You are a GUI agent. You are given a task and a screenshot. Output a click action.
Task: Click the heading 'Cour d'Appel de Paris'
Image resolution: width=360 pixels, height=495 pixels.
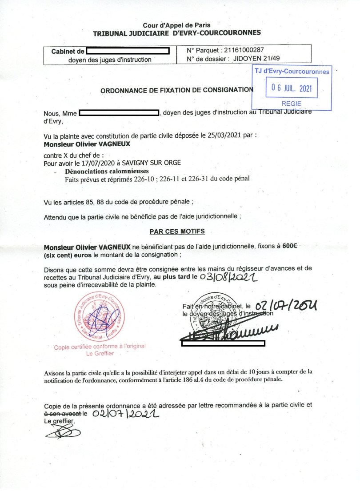coord(176,25)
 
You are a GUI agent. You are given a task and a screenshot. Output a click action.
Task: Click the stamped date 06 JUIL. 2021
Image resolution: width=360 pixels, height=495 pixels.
coord(292,88)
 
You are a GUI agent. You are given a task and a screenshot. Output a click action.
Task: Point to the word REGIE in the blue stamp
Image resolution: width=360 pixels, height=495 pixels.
coord(292,104)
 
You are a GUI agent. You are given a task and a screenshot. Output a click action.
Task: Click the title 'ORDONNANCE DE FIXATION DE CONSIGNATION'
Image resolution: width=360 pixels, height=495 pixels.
coord(176,90)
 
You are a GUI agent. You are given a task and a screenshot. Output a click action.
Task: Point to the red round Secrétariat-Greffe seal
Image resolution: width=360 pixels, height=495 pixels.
coord(100,316)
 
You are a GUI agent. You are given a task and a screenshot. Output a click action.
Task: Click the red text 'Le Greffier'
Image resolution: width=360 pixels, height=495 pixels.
coord(100,354)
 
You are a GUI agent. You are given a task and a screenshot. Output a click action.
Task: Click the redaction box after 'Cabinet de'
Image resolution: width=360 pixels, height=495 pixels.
coord(128,51)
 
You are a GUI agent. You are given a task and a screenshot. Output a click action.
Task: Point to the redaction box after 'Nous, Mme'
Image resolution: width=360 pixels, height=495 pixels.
coord(119,113)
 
